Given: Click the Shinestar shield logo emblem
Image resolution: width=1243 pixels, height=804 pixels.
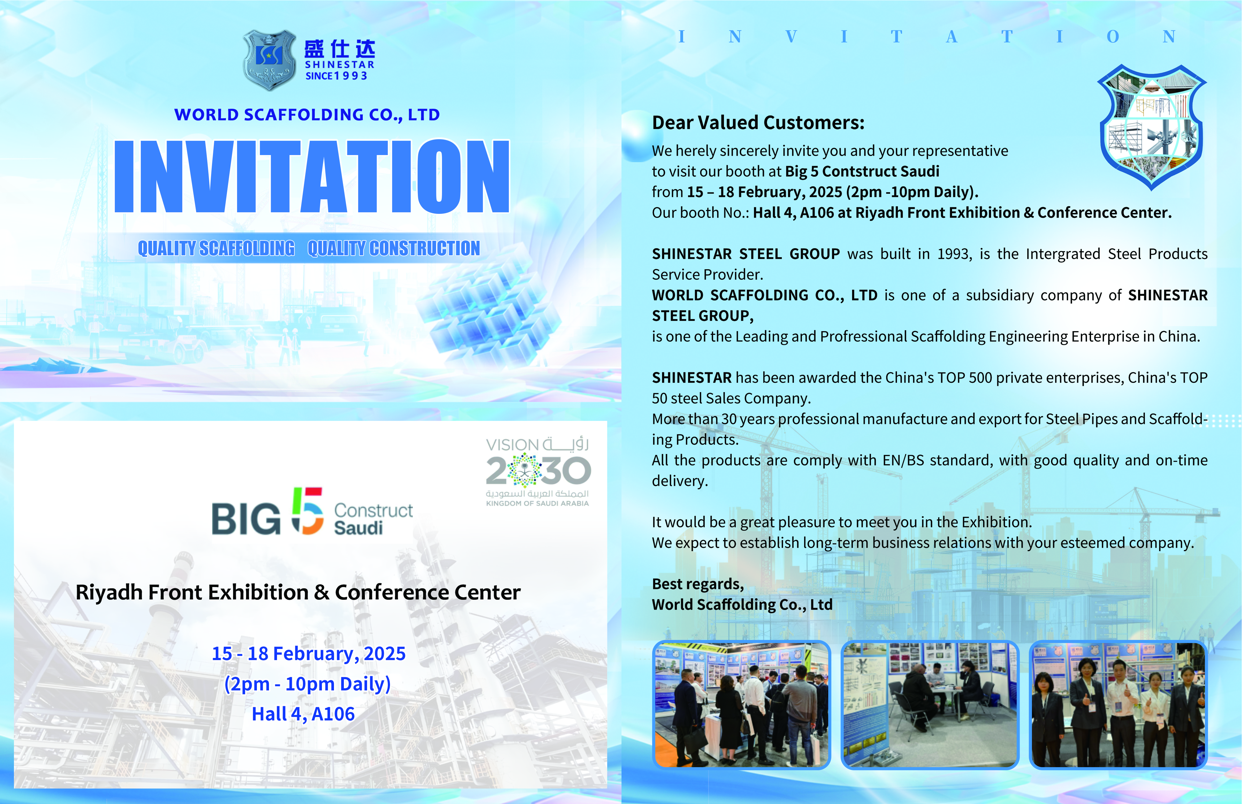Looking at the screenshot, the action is click(269, 60).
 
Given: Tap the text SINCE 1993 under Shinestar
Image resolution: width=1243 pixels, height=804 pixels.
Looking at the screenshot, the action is click(336, 76).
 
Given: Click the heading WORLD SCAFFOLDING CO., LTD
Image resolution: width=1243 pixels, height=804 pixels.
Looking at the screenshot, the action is click(307, 114).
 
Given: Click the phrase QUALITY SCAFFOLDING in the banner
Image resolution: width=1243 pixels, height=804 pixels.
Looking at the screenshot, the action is click(216, 249).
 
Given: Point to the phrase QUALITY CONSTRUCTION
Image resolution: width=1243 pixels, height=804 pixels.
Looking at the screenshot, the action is click(394, 249).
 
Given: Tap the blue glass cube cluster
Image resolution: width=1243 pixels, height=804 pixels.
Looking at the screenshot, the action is click(488, 308).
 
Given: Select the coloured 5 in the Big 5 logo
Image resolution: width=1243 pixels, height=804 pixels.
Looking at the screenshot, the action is click(307, 511).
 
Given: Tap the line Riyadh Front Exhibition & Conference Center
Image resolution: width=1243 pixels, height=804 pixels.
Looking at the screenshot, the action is click(298, 593).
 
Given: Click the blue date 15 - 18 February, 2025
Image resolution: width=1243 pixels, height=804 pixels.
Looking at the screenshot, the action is click(309, 654).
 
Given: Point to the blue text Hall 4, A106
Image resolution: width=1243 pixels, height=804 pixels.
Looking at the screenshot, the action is click(303, 714).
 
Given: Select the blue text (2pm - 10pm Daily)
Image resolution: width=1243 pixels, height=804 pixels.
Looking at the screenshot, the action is click(307, 684).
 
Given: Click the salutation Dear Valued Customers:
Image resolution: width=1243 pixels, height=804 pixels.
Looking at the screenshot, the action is click(758, 123).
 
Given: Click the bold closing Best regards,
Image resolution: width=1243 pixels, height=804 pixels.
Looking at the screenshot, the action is click(698, 584).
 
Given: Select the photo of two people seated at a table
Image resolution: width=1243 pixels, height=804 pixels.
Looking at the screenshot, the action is click(930, 705).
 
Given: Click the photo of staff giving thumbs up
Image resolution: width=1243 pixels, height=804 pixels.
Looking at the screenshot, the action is click(1118, 705).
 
